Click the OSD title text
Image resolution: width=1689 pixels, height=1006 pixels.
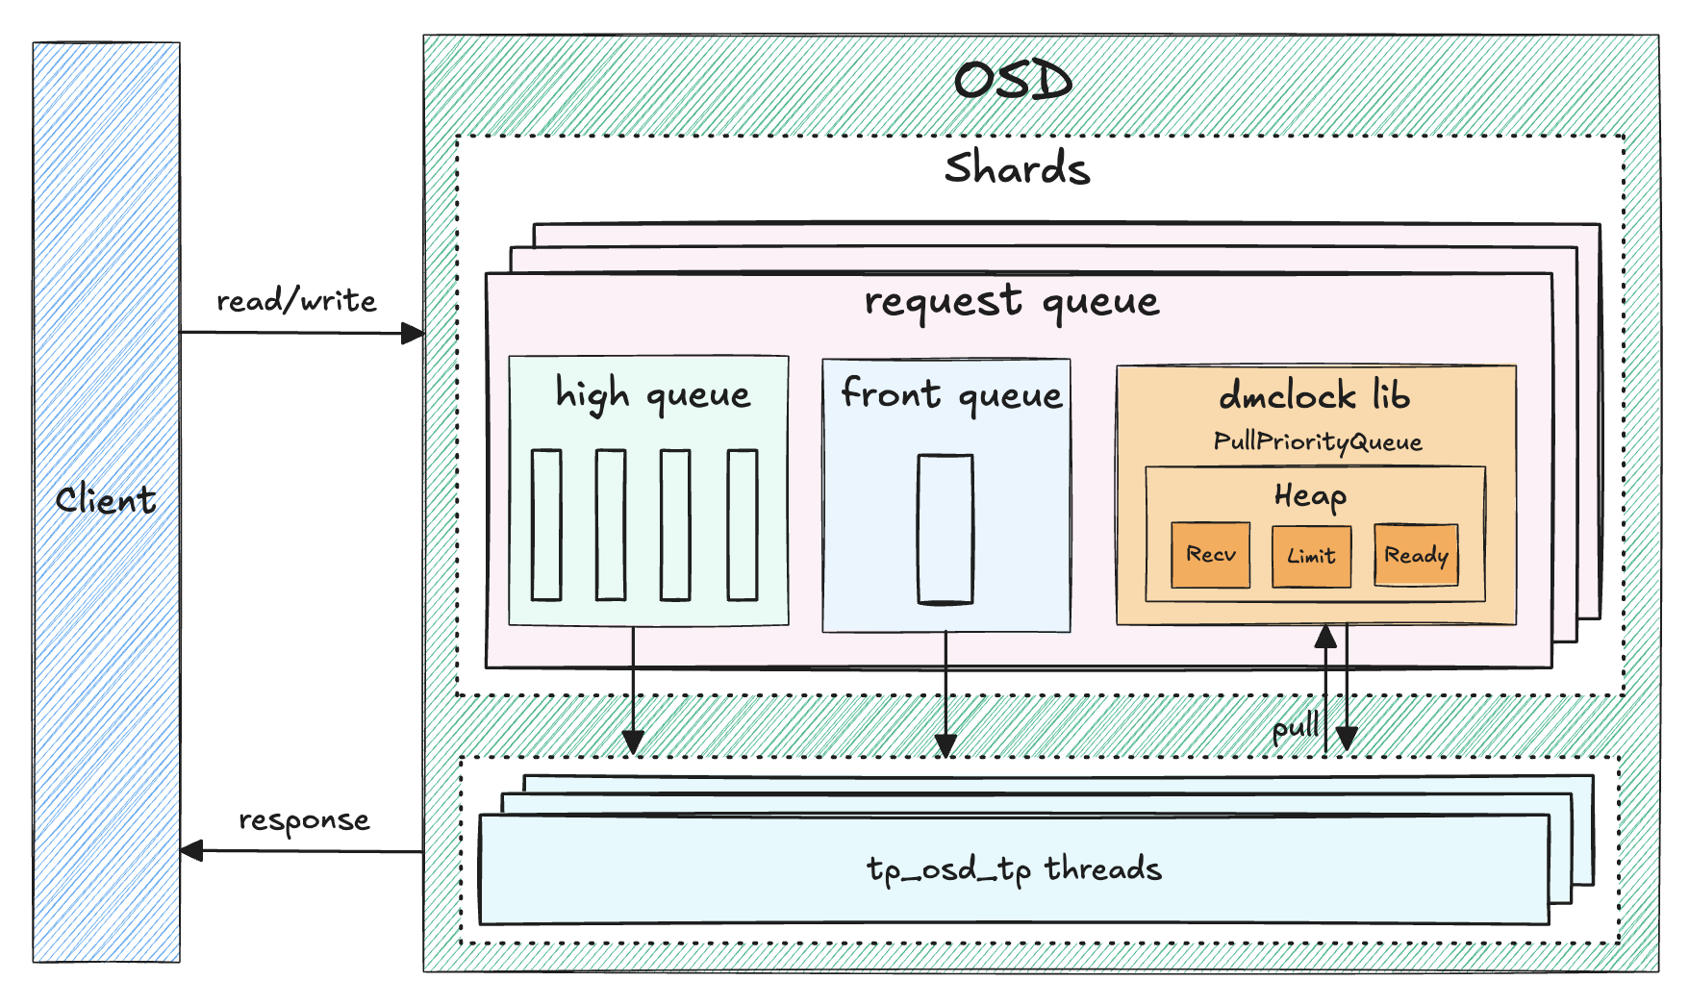tap(1013, 81)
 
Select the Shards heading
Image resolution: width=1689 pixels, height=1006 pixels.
tap(1017, 168)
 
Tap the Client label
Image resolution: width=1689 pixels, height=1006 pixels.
tap(106, 500)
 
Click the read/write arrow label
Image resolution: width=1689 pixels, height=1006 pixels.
tap(296, 301)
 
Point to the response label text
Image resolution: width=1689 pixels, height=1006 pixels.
tap(304, 820)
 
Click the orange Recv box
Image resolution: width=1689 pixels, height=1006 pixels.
tap(1210, 555)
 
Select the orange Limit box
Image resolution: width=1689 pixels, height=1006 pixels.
tap(1311, 556)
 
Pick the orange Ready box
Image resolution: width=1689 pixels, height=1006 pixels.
tap(1416, 555)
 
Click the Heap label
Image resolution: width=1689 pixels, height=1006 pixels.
tap(1310, 496)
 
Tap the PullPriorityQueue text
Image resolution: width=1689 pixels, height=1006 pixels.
tap(1317, 441)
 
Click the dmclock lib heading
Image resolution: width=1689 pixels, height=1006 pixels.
tap(1314, 395)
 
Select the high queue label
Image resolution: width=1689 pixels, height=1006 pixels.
tap(652, 395)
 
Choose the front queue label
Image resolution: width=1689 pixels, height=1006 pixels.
tap(951, 394)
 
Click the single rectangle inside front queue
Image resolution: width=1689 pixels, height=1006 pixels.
tap(945, 529)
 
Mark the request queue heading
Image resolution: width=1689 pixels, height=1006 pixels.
tap(1012, 302)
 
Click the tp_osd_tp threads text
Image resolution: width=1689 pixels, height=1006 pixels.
tap(1014, 869)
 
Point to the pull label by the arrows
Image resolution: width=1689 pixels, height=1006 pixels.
tap(1295, 728)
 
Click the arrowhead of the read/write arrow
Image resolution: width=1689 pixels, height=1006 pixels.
tap(414, 334)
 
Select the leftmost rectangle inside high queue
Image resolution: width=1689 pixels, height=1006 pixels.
tap(546, 525)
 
